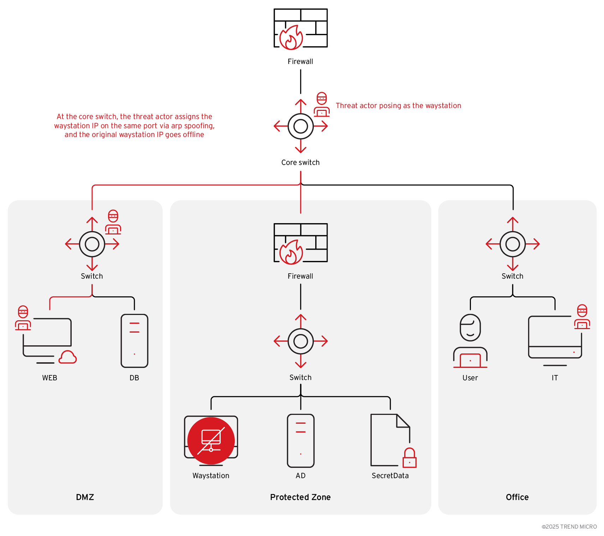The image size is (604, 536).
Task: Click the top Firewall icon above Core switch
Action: click(x=300, y=28)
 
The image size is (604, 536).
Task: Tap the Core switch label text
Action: click(x=300, y=162)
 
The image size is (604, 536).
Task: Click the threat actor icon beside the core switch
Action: click(x=322, y=105)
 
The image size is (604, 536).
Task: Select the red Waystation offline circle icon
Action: click(x=211, y=441)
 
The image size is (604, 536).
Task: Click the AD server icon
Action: click(x=300, y=441)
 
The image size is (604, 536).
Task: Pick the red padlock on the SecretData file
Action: click(x=409, y=458)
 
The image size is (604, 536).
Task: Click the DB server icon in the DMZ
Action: click(x=134, y=341)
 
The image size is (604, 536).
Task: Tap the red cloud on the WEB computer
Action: click(x=67, y=357)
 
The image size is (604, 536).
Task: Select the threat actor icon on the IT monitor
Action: click(x=582, y=317)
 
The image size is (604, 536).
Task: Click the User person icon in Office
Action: click(x=470, y=341)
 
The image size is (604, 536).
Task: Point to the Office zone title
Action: click(x=517, y=497)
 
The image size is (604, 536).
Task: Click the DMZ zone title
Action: click(x=85, y=497)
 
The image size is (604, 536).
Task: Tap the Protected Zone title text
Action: click(x=300, y=497)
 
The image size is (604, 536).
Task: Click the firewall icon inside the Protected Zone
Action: click(x=300, y=243)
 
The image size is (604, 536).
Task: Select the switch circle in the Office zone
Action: click(x=513, y=244)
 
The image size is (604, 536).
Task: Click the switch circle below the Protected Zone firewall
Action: click(x=300, y=341)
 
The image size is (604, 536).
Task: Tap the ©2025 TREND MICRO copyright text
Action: click(x=569, y=526)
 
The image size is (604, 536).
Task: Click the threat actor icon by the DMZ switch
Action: click(x=113, y=222)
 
